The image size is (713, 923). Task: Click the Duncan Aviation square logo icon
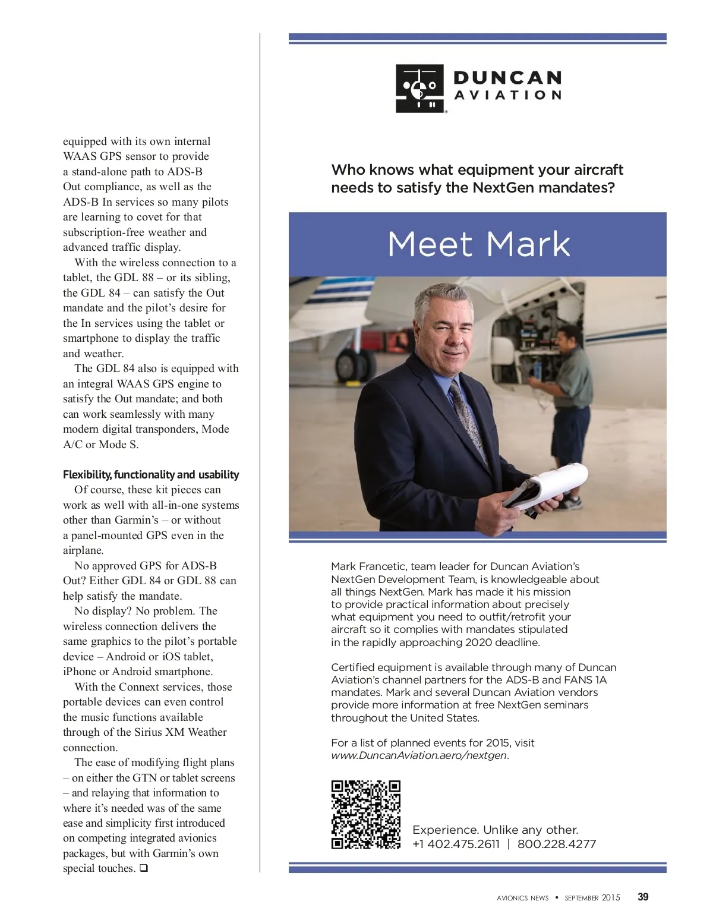point(420,88)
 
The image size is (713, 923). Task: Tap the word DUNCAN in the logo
point(507,78)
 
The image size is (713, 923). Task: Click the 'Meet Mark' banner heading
point(478,244)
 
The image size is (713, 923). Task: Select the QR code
point(365,814)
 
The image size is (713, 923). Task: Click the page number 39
point(643,897)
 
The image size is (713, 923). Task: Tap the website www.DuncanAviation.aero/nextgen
point(419,755)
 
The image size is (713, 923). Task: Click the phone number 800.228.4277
point(556,844)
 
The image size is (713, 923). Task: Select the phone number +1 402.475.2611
point(456,844)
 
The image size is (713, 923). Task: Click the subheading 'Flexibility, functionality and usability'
point(151,474)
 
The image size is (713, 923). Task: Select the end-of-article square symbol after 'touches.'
point(143,868)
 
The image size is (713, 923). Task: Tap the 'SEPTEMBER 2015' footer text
point(592,897)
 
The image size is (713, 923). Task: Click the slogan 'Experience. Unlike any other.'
point(495,830)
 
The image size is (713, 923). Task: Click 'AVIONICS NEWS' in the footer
point(522,898)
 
